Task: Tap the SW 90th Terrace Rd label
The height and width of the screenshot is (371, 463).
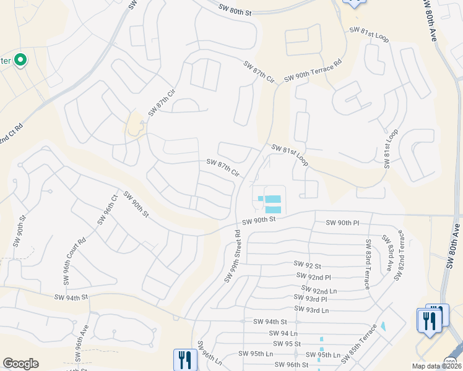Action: coord(313,71)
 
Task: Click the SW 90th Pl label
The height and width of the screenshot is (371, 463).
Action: coord(342,223)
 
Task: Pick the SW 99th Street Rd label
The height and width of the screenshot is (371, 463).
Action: coord(232,255)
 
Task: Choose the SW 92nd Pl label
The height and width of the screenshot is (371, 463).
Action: coord(314,276)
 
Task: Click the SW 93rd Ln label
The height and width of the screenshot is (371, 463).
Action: coord(311,309)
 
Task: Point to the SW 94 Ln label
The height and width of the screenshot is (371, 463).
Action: coord(284,333)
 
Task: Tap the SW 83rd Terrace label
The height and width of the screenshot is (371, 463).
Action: coord(368,264)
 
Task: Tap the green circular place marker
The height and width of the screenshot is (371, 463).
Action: coord(20,60)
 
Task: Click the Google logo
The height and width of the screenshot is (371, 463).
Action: coord(20,364)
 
